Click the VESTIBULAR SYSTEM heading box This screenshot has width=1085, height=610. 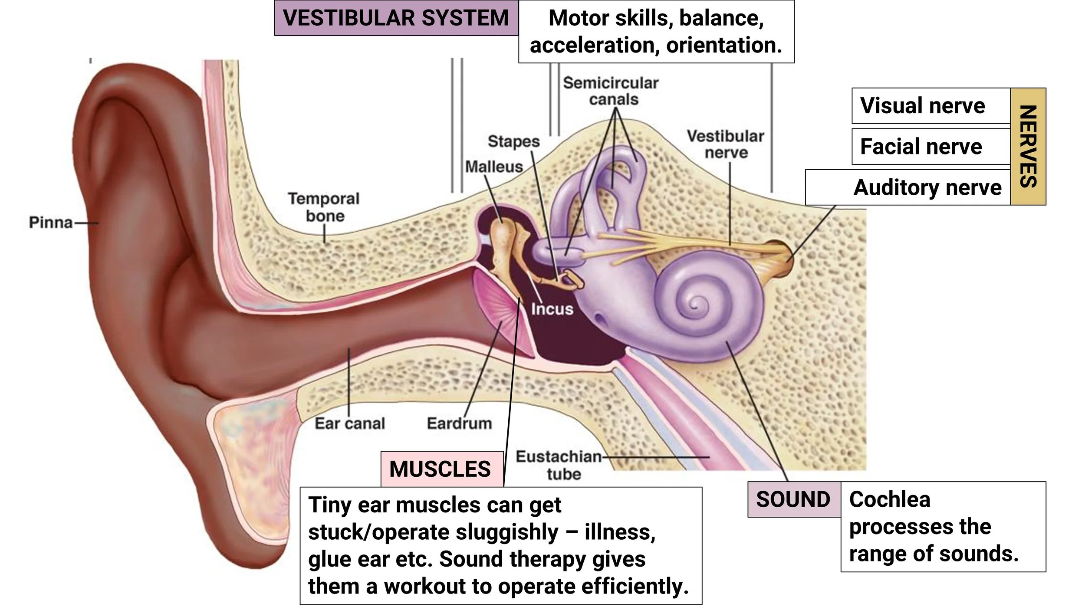click(x=396, y=18)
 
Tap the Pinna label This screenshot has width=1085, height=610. click(x=51, y=223)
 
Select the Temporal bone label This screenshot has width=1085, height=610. click(x=324, y=207)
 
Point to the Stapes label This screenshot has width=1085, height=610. click(x=514, y=141)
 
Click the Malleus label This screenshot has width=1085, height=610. click(x=494, y=167)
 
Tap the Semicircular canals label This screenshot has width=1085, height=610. click(x=611, y=91)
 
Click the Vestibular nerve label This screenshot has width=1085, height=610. click(x=726, y=144)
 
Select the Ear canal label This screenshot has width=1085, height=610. click(x=350, y=423)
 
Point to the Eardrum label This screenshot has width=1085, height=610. click(x=460, y=423)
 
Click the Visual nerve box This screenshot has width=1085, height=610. click(x=931, y=106)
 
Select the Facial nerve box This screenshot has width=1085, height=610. click(x=931, y=147)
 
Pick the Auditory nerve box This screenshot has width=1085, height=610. click(x=908, y=187)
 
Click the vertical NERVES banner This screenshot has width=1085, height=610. click(x=1028, y=147)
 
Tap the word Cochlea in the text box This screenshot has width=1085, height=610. click(x=890, y=499)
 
